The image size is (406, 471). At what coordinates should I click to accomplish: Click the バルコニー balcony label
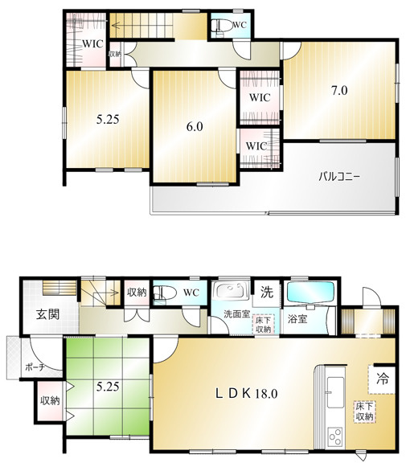339,176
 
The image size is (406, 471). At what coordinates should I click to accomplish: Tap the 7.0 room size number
339,90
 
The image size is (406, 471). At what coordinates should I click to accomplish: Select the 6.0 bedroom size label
195,126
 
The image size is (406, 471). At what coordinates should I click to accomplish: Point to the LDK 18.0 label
247,393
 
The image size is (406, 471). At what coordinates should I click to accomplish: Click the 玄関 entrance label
48,314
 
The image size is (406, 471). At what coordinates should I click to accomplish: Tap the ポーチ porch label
35,367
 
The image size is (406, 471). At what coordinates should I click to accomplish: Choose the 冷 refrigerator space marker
383,379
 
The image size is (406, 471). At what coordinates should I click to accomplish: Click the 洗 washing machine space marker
267,292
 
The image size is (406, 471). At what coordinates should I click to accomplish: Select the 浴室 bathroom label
297,319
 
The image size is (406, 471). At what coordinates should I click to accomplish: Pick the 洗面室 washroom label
237,314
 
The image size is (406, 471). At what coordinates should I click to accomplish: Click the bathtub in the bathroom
311,291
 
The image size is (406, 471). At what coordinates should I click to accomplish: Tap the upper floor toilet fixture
222,26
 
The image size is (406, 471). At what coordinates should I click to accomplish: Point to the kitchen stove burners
335,436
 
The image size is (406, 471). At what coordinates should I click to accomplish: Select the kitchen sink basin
335,392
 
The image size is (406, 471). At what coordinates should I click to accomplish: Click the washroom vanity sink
231,289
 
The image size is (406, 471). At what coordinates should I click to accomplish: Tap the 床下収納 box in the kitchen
364,412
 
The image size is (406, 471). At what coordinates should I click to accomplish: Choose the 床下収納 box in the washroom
263,325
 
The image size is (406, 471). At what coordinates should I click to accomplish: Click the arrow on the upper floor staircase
141,25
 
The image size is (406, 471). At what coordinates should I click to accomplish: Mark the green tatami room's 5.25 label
108,387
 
